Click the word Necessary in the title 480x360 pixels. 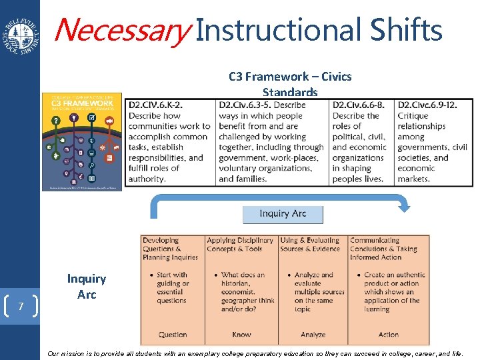click(x=121, y=31)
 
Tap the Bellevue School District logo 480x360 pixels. click(x=20, y=33)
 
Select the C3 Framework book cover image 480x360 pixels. click(x=82, y=142)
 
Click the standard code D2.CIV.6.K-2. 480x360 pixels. click(x=156, y=105)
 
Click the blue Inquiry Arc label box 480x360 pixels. click(x=283, y=214)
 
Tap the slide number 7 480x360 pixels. click(x=21, y=307)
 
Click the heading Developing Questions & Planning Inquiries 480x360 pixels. click(x=170, y=249)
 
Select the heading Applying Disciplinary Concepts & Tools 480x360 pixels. click(x=239, y=245)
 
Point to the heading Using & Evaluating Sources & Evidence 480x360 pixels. click(x=310, y=245)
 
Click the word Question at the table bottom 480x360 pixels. click(x=173, y=335)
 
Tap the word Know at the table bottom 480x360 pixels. click(x=241, y=335)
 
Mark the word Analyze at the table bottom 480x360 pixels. click(x=313, y=335)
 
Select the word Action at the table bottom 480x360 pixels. click(x=388, y=335)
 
